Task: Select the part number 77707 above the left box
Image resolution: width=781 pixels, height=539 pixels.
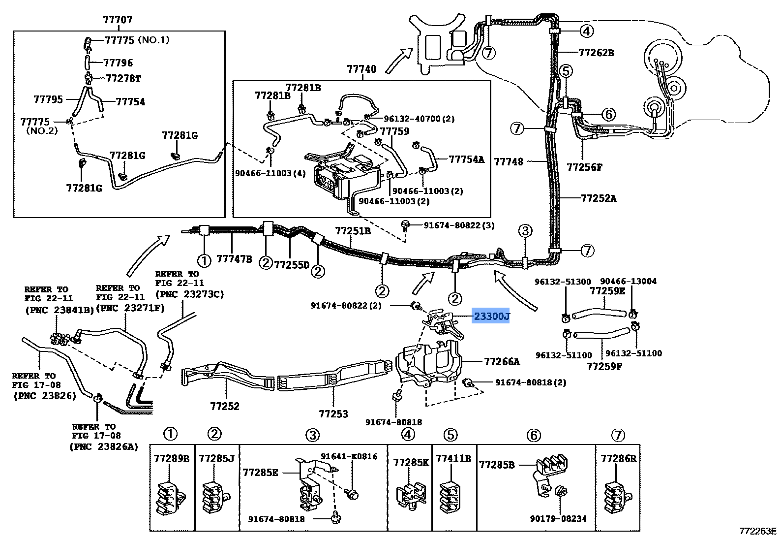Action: pos(118,20)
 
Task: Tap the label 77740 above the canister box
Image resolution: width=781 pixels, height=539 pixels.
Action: pos(361,69)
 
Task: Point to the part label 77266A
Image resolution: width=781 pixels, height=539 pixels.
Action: pos(502,362)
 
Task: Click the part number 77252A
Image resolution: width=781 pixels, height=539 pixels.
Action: pos(599,198)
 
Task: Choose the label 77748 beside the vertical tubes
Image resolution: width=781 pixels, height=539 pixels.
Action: pos(509,161)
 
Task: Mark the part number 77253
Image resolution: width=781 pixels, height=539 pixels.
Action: pos(333,414)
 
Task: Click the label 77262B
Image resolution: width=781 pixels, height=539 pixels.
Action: pos(597,53)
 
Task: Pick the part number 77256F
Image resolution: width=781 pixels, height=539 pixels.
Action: pos(585,167)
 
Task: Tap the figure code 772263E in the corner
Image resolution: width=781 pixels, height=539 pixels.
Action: pos(758,531)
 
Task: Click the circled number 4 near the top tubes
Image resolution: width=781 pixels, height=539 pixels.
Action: pos(587,32)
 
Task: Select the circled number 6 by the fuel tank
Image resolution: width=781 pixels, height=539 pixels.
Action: pos(608,114)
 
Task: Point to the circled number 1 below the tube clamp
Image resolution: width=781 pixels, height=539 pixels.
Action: pos(204,260)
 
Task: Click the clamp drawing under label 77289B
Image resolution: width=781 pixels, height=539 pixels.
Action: pos(170,498)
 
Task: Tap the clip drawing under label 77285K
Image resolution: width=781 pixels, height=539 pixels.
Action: pos(411,495)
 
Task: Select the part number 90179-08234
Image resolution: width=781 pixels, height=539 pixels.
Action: pos(558,519)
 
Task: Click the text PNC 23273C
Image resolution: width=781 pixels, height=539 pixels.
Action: pos(190,294)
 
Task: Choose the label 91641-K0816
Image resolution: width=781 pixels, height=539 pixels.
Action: pos(349,456)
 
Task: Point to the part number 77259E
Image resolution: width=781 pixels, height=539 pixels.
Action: pos(607,291)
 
